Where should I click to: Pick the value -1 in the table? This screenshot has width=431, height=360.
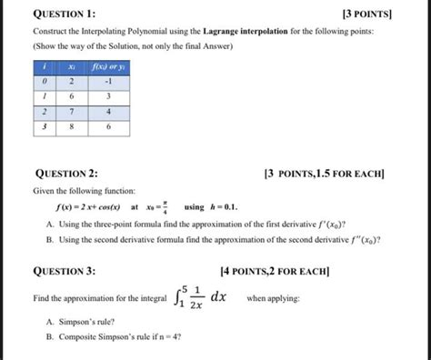click(x=108, y=80)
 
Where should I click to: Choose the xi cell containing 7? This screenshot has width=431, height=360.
click(x=71, y=113)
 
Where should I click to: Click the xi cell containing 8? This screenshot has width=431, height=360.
click(x=71, y=129)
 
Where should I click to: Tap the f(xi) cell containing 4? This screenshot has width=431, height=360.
click(x=108, y=113)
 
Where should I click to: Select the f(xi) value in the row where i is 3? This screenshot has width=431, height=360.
click(x=108, y=129)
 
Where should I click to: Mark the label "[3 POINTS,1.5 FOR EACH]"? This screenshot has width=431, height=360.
click(x=324, y=174)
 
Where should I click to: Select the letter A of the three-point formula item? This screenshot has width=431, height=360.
click(x=48, y=224)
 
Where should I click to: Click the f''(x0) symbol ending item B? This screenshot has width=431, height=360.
click(x=362, y=240)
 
